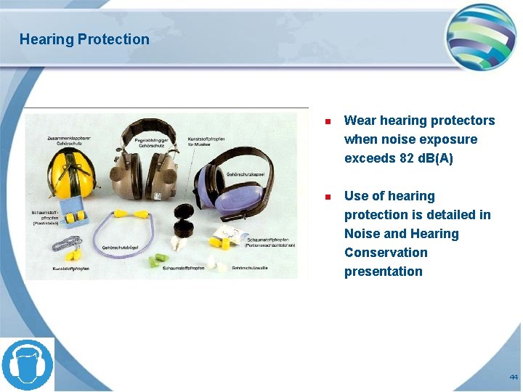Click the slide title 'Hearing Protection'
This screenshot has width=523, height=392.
click(x=84, y=39)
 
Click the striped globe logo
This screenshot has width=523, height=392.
click(x=481, y=36)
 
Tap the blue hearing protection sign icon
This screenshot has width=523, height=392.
click(x=28, y=364)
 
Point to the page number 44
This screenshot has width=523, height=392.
click(x=514, y=377)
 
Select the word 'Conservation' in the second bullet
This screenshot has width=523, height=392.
click(x=386, y=253)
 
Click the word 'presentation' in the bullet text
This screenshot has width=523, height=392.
click(x=383, y=271)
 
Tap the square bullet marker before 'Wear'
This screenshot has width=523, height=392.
click(x=328, y=121)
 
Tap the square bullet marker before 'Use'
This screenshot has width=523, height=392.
click(x=328, y=197)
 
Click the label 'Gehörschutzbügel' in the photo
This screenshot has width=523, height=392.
click(x=121, y=248)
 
